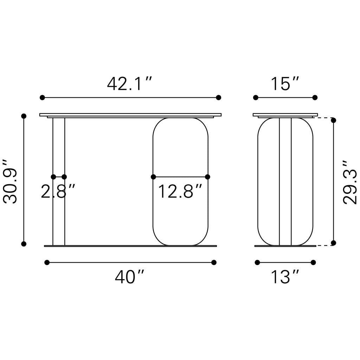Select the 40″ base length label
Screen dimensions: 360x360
[129, 277]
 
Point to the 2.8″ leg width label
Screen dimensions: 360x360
[58, 192]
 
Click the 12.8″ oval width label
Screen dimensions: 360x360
[180, 192]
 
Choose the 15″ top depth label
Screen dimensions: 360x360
[285, 84]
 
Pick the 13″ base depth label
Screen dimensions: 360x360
[285, 277]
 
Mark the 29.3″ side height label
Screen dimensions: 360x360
[350, 182]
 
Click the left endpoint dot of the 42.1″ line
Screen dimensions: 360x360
[42, 97]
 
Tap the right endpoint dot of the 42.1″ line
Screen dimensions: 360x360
[218, 97]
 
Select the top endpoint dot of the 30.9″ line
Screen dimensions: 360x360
[24, 116]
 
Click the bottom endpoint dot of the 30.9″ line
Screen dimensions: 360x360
[24, 244]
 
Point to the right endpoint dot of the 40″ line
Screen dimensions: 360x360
[214, 262]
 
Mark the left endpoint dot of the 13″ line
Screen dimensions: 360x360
[257, 262]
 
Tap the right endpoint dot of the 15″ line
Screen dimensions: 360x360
[315, 97]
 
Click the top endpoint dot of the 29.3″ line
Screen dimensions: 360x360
[334, 120]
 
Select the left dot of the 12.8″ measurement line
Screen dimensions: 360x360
[153, 177]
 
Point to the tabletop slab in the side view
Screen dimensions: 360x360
[285, 115]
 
